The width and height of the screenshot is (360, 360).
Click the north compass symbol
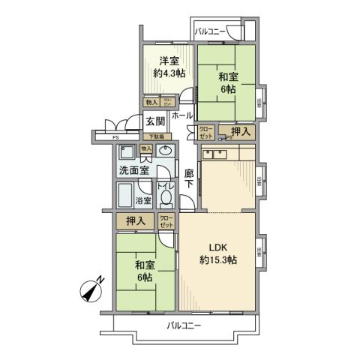click(92, 289)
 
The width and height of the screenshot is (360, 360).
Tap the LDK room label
click(218, 247)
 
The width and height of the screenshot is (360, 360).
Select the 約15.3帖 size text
click(218, 260)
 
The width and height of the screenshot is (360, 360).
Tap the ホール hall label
click(182, 116)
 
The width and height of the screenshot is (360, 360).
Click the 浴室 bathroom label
click(143, 200)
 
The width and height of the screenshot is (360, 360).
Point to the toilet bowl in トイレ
click(166, 199)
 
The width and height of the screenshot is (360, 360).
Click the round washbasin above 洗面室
click(166, 152)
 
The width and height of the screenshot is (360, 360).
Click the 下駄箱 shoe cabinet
click(158, 136)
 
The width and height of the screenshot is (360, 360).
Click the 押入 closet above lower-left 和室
click(135, 221)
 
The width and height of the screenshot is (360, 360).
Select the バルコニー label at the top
click(212, 31)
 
